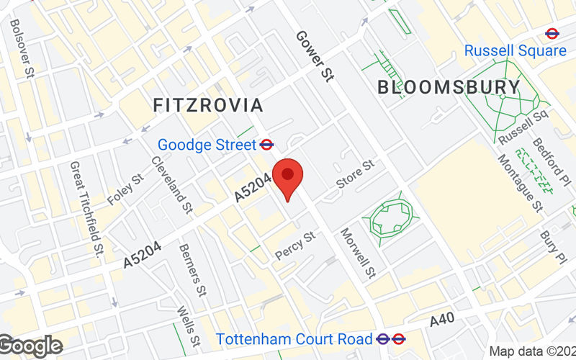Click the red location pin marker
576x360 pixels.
pyautogui.click(x=288, y=178)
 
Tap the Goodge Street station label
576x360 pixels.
pyautogui.click(x=207, y=145)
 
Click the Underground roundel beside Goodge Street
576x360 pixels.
pyautogui.click(x=266, y=145)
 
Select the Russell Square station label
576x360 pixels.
pyautogui.click(x=515, y=50)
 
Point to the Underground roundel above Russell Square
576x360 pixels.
pyautogui.click(x=552, y=32)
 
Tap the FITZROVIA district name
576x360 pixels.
pyautogui.click(x=208, y=105)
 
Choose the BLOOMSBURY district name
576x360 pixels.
pyautogui.click(x=449, y=88)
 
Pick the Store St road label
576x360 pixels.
pyautogui.click(x=356, y=174)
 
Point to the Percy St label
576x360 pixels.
pyautogui.click(x=295, y=246)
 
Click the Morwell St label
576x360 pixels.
pyautogui.click(x=358, y=253)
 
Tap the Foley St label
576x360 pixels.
pyautogui.click(x=125, y=189)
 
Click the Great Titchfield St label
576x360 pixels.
pyautogui.click(x=86, y=208)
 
